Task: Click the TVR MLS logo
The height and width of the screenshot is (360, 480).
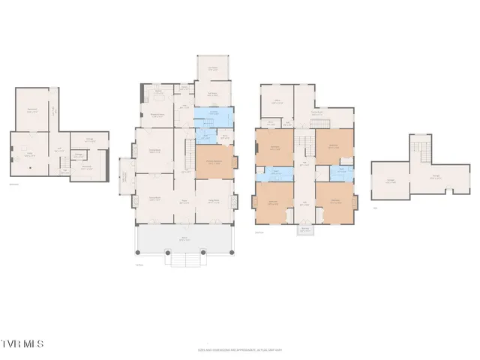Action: pos(22,343)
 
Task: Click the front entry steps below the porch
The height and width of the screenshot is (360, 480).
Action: pos(184,259)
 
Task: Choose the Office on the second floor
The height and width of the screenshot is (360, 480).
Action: pos(276,101)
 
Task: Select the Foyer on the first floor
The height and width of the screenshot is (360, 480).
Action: pos(184,200)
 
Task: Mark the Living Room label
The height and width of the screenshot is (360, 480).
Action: pos(214,200)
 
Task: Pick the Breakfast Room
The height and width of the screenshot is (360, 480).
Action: pos(158,115)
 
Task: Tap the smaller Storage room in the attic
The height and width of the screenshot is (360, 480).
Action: pos(391,181)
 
